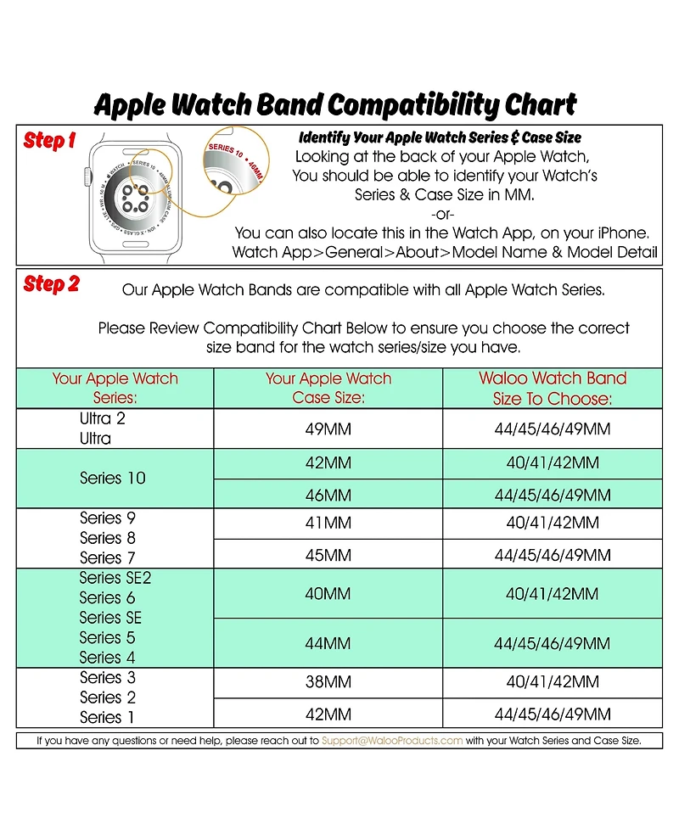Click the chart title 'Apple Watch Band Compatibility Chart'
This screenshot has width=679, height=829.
(335, 105)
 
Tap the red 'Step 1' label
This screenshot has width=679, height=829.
(50, 141)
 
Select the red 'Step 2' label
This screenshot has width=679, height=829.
(51, 284)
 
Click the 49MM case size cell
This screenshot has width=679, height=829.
(328, 429)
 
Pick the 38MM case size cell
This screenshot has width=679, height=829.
(328, 682)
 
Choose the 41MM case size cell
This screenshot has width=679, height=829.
(328, 524)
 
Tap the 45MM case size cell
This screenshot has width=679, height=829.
(328, 555)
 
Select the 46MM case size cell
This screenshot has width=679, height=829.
(328, 495)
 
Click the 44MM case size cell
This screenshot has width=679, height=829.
(328, 644)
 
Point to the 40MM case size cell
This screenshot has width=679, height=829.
(328, 594)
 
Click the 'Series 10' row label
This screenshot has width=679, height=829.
(113, 479)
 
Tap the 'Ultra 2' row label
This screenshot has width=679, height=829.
(103, 418)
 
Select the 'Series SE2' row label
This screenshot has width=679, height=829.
(115, 578)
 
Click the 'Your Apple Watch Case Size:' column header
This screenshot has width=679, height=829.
(328, 388)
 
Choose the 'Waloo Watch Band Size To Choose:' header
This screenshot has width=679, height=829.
(553, 388)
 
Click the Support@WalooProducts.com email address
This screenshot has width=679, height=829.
(392, 741)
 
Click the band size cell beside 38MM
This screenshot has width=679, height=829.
(553, 682)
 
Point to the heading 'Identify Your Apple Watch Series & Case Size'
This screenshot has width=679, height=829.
(440, 137)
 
